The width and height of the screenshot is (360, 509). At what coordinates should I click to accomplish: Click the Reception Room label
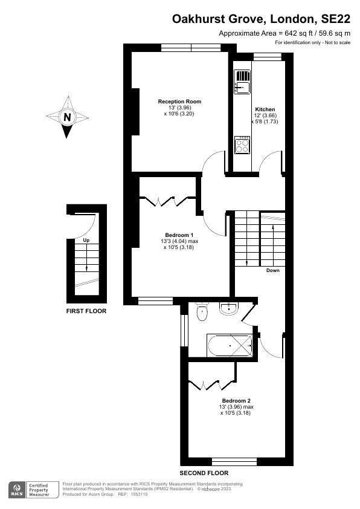[x=179, y=102]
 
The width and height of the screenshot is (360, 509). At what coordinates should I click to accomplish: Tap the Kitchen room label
[x=265, y=109]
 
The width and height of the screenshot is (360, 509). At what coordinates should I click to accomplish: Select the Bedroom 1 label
[x=179, y=235]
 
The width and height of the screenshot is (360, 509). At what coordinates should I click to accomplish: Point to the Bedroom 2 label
[x=236, y=401]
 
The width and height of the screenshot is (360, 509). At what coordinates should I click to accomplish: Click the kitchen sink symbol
[x=242, y=82]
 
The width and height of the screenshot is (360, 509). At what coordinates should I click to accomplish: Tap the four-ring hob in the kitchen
[x=242, y=144]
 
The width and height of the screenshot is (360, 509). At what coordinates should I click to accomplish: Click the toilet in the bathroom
[x=202, y=312]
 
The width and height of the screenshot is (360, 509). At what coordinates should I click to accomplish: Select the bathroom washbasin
[x=229, y=308]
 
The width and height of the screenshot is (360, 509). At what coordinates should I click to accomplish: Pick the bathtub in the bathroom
[x=230, y=346]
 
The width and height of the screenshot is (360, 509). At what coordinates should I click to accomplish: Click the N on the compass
[x=67, y=117]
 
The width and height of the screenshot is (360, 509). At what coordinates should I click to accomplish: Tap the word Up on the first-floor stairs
[x=86, y=240]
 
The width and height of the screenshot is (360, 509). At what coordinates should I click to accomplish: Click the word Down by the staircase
[x=273, y=270]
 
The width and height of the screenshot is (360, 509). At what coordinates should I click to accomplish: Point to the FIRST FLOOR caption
[x=86, y=311]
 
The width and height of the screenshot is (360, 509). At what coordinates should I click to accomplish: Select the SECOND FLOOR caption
[x=204, y=473]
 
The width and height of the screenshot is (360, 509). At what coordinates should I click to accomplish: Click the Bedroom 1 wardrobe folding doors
[x=168, y=201]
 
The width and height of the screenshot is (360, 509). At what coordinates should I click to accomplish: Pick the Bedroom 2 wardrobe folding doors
[x=212, y=384]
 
